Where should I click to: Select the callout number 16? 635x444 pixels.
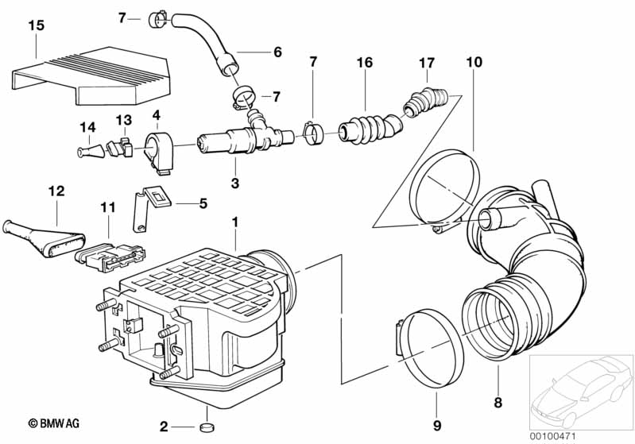pos(364,61)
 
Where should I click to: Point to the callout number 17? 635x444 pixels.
pos(427,61)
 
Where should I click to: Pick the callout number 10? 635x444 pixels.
pos(474,61)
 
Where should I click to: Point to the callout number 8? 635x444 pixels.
pos(498,403)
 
